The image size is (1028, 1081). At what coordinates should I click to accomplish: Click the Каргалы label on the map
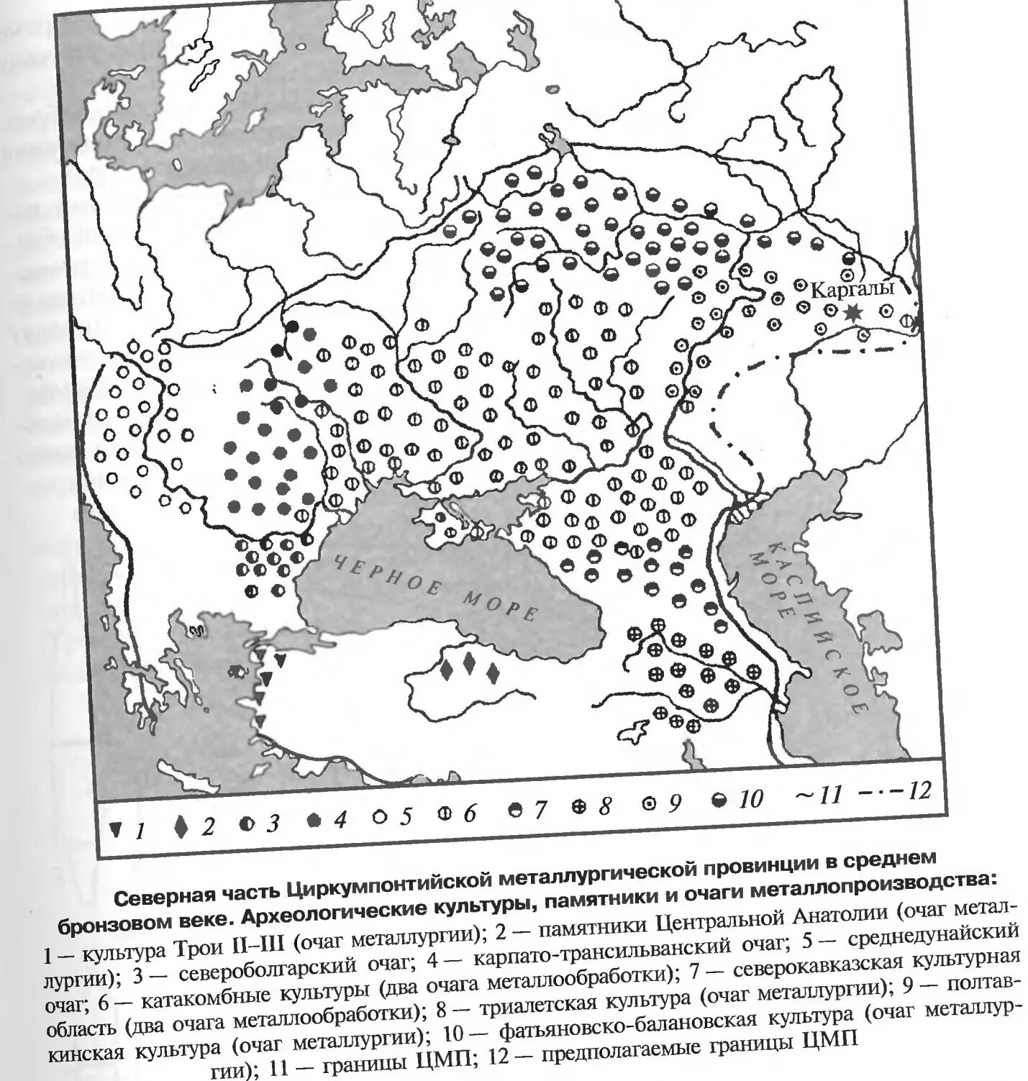click(x=852, y=289)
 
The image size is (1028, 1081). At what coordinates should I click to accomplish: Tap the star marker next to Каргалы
click(x=854, y=312)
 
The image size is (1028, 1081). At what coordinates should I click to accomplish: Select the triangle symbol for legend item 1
click(x=115, y=829)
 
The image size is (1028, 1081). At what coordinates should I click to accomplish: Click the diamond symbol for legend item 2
click(x=181, y=828)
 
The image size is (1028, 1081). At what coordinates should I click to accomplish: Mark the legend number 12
click(x=918, y=791)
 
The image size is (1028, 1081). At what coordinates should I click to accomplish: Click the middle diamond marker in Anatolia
click(x=468, y=663)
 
